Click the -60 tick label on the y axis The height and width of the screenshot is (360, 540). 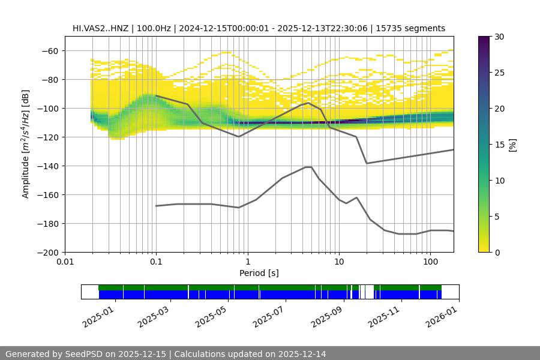49,51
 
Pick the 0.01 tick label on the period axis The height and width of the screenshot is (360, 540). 65,262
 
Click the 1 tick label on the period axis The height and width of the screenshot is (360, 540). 247,262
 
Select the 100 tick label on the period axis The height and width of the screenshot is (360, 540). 430,262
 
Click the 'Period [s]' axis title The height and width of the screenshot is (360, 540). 259,273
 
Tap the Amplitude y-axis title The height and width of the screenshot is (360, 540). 26,144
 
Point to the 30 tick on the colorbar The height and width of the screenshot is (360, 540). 499,37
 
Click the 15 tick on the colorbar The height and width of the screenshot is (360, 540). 499,145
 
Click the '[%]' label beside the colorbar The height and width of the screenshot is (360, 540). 512,145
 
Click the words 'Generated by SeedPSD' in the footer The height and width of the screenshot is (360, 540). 55,354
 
